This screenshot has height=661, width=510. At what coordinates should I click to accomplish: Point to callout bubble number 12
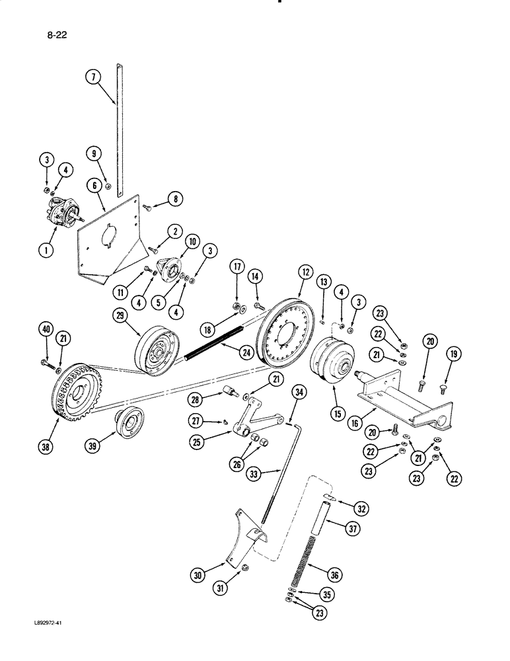pos(305,272)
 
